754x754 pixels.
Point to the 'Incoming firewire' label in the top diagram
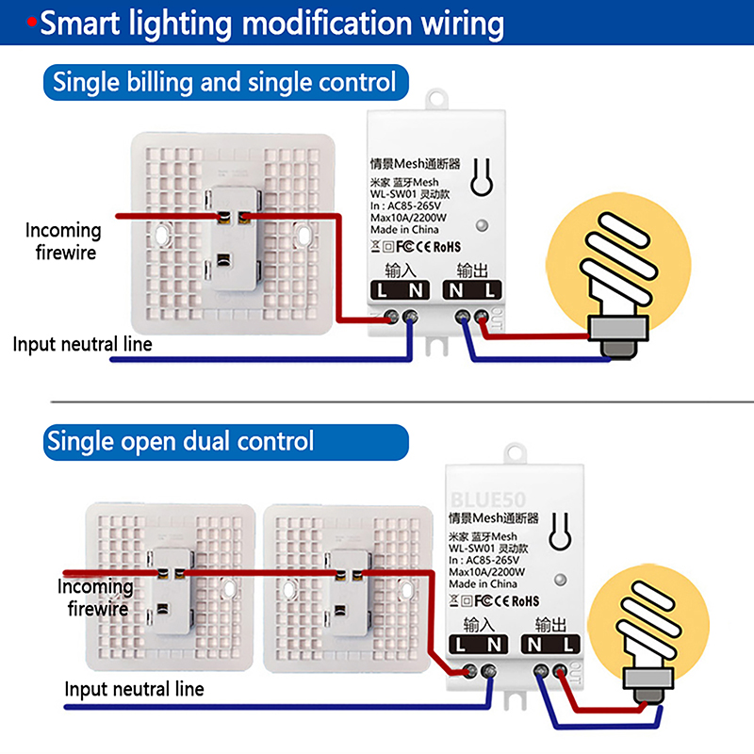click(x=64, y=240)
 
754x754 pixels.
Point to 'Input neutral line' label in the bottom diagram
click(x=134, y=689)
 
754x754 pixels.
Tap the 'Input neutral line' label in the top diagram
click(x=83, y=343)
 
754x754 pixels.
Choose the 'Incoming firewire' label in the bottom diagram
click(x=95, y=598)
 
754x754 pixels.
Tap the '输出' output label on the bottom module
click(x=550, y=624)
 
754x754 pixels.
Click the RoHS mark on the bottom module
click(x=519, y=600)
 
